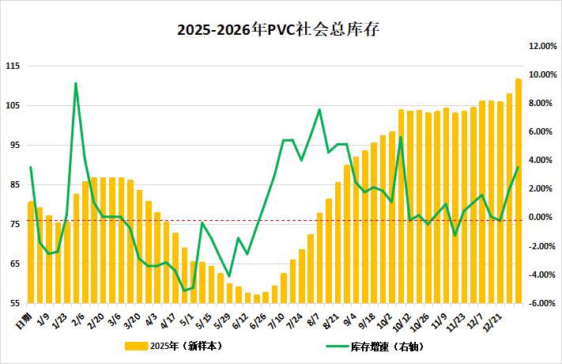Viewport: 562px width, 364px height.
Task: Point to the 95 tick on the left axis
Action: (x=13, y=145)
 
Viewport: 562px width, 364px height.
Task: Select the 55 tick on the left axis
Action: (x=13, y=303)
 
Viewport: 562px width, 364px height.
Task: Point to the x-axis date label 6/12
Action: (x=239, y=319)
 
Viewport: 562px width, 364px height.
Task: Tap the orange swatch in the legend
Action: (x=136, y=346)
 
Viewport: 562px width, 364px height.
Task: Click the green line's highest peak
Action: (x=76, y=83)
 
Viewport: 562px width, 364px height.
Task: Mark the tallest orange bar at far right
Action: (x=519, y=190)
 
